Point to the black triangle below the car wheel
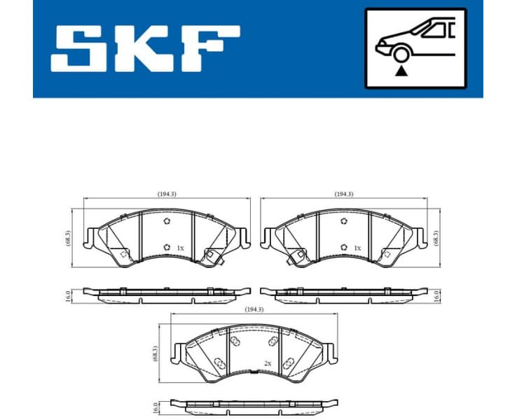[x=401, y=70]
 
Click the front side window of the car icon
[x=429, y=30]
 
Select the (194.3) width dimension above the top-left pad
[x=166, y=194]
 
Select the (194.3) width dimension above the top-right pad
[x=343, y=194]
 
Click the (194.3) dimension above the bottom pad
[x=253, y=309]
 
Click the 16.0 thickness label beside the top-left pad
[x=67, y=295]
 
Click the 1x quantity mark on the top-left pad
[x=180, y=248]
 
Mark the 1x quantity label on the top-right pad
[x=357, y=248]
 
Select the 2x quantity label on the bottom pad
[x=267, y=363]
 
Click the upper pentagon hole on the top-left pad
[x=166, y=222]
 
